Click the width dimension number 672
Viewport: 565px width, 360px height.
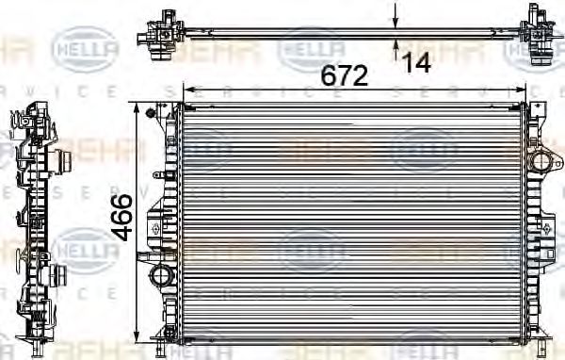343,75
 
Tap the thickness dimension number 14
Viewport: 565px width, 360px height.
416,63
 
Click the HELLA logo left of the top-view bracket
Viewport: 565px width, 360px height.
85,42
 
